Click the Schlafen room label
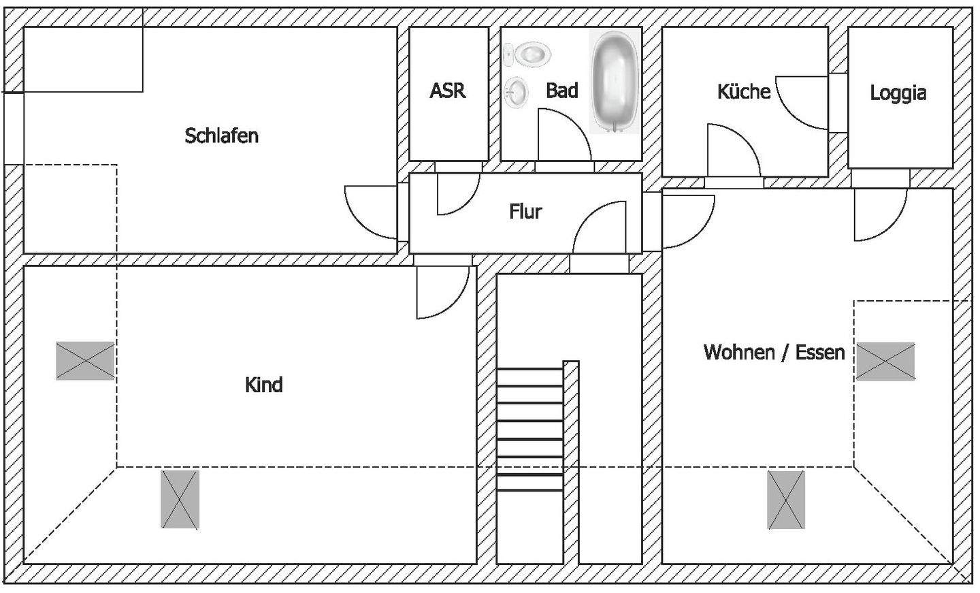[x=222, y=135]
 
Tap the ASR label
[x=448, y=91]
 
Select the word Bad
[x=562, y=91]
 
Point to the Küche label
[x=744, y=91]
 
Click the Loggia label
[x=898, y=93]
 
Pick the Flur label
[x=525, y=212]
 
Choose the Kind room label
[x=263, y=385]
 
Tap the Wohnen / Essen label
[x=774, y=352]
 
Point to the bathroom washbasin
[x=517, y=93]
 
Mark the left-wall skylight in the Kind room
[x=85, y=360]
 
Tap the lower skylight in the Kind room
[x=180, y=499]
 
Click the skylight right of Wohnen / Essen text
[x=885, y=360]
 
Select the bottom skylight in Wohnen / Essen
[x=786, y=499]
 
